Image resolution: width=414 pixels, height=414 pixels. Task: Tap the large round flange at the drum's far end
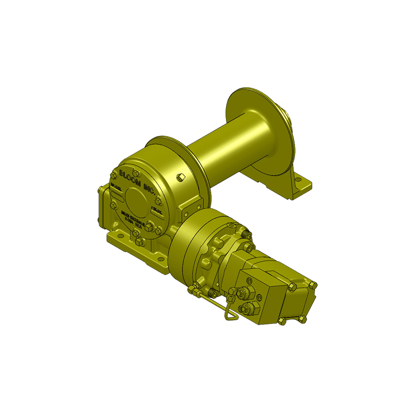259,132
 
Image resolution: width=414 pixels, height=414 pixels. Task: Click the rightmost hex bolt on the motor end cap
312,285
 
